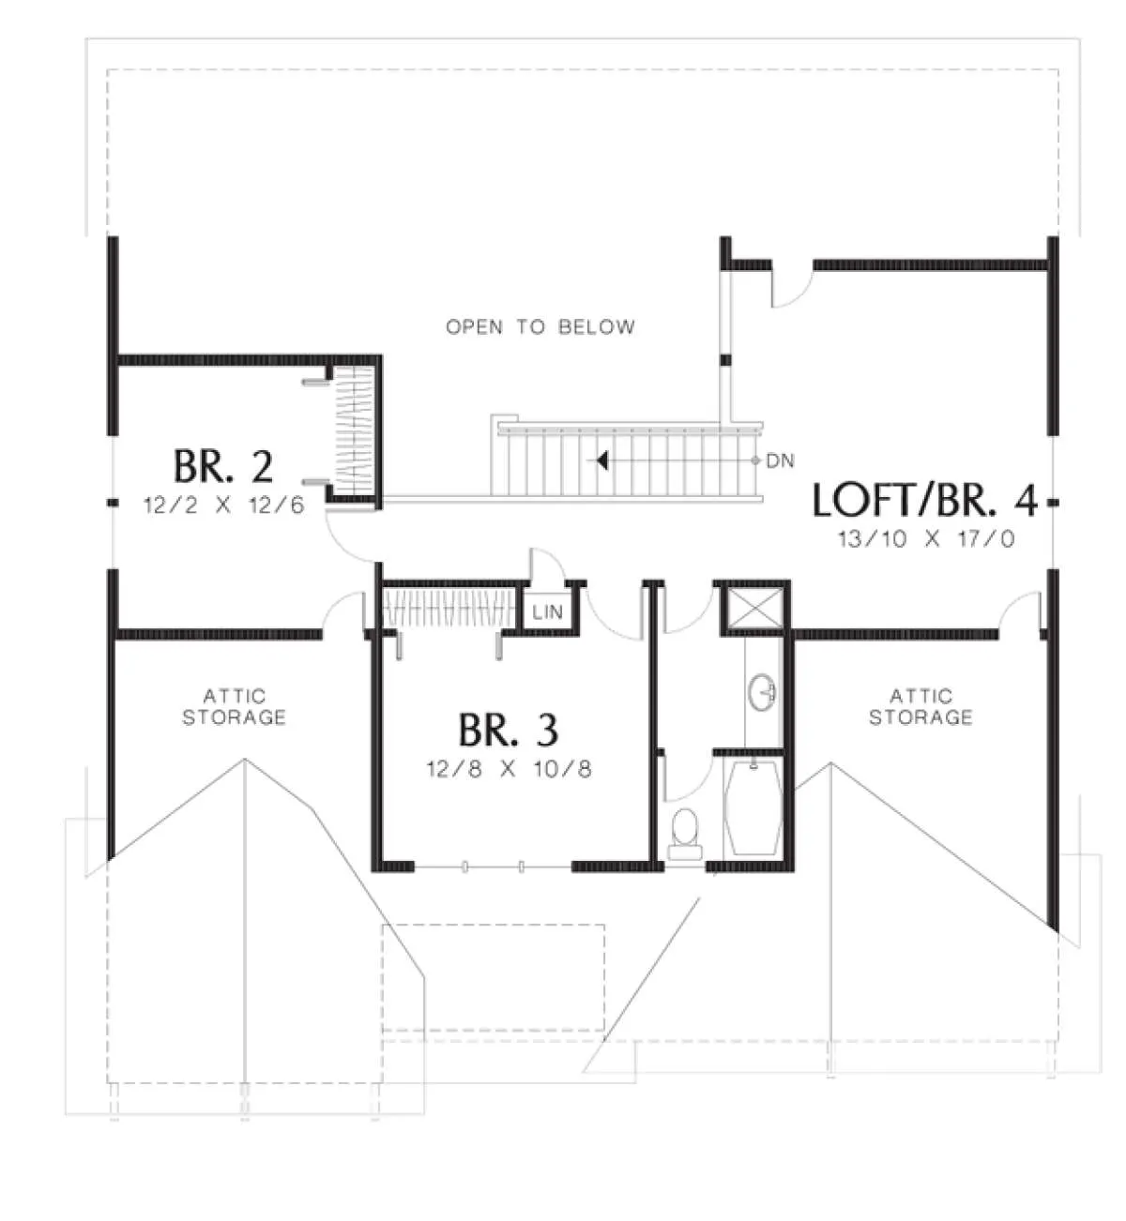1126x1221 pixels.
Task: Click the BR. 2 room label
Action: pyautogui.click(x=223, y=466)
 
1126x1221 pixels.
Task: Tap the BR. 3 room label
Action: pyautogui.click(x=509, y=731)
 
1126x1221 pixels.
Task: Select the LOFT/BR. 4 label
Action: pyautogui.click(x=925, y=501)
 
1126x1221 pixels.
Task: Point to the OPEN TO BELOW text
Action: pyautogui.click(x=540, y=327)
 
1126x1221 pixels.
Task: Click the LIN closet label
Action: pyautogui.click(x=547, y=612)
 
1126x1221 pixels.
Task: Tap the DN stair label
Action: pyautogui.click(x=780, y=460)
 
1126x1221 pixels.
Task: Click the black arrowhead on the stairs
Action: pyautogui.click(x=602, y=460)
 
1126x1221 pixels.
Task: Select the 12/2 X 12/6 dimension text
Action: pyautogui.click(x=223, y=505)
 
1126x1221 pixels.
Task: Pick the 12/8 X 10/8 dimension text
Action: pyautogui.click(x=509, y=769)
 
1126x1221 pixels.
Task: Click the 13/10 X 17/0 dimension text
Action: pyautogui.click(x=926, y=538)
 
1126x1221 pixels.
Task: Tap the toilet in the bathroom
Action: pyautogui.click(x=686, y=834)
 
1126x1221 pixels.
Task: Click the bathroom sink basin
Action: pyautogui.click(x=762, y=692)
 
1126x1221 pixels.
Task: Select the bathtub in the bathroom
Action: pyautogui.click(x=753, y=809)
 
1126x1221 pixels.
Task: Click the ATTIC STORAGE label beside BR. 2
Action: pyautogui.click(x=235, y=707)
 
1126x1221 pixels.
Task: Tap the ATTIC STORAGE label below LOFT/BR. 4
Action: pyautogui.click(x=921, y=707)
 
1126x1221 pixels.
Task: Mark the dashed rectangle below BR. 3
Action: pyautogui.click(x=494, y=978)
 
